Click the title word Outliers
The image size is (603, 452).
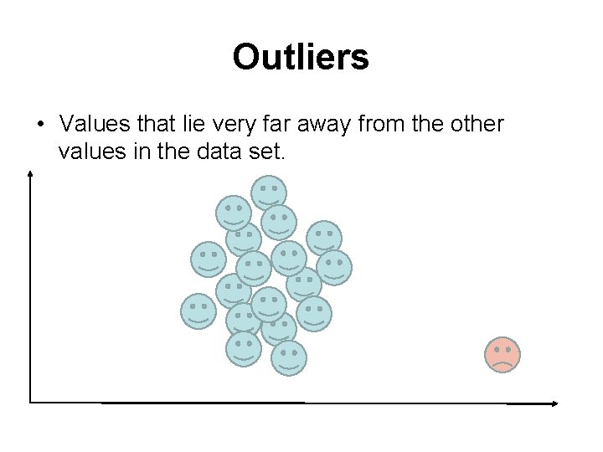[x=301, y=57]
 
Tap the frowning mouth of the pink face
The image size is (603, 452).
[x=502, y=364]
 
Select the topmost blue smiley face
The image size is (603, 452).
[x=269, y=193]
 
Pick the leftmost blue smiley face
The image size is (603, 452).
[x=198, y=311]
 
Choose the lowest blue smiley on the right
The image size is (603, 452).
[x=289, y=357]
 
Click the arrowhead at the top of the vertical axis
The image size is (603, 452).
[x=30, y=173]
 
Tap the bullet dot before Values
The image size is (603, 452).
[x=39, y=125]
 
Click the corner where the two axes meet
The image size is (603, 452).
[x=31, y=403]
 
